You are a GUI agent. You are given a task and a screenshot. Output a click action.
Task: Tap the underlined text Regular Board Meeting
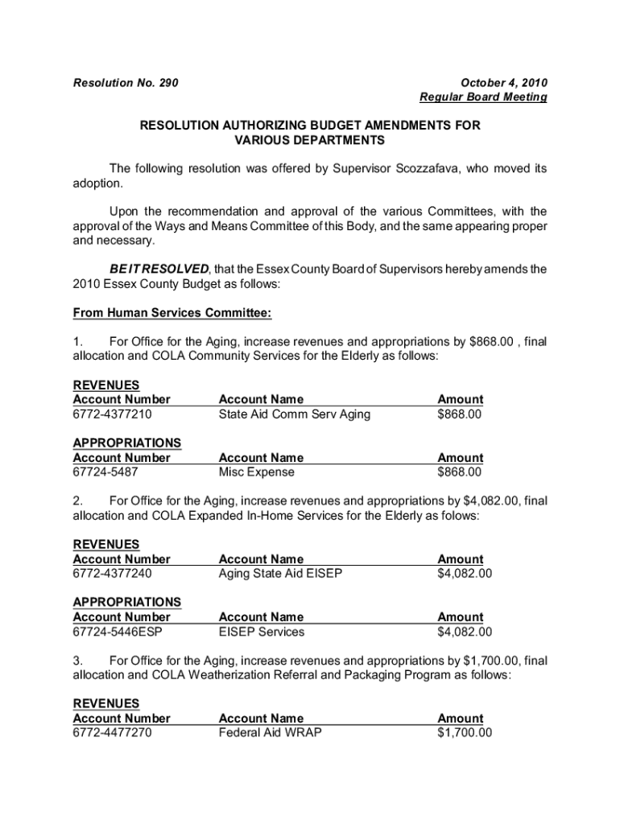(483, 97)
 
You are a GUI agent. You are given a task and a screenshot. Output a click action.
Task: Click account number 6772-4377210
(113, 414)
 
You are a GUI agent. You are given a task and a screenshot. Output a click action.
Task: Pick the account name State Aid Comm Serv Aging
(295, 414)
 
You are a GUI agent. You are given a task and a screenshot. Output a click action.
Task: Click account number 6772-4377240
(113, 574)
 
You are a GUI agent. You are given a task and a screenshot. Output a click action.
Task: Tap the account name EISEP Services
(262, 632)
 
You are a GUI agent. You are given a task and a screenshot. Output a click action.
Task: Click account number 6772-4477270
(113, 733)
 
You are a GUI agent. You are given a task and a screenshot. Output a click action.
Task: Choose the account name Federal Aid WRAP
(270, 733)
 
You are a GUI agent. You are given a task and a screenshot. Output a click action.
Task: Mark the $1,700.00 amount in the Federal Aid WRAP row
(465, 733)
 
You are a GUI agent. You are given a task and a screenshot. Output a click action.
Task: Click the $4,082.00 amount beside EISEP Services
(465, 632)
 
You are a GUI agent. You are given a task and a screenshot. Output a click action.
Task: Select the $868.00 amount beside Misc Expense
(459, 472)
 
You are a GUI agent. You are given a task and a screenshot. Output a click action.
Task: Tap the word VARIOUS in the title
(262, 141)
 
